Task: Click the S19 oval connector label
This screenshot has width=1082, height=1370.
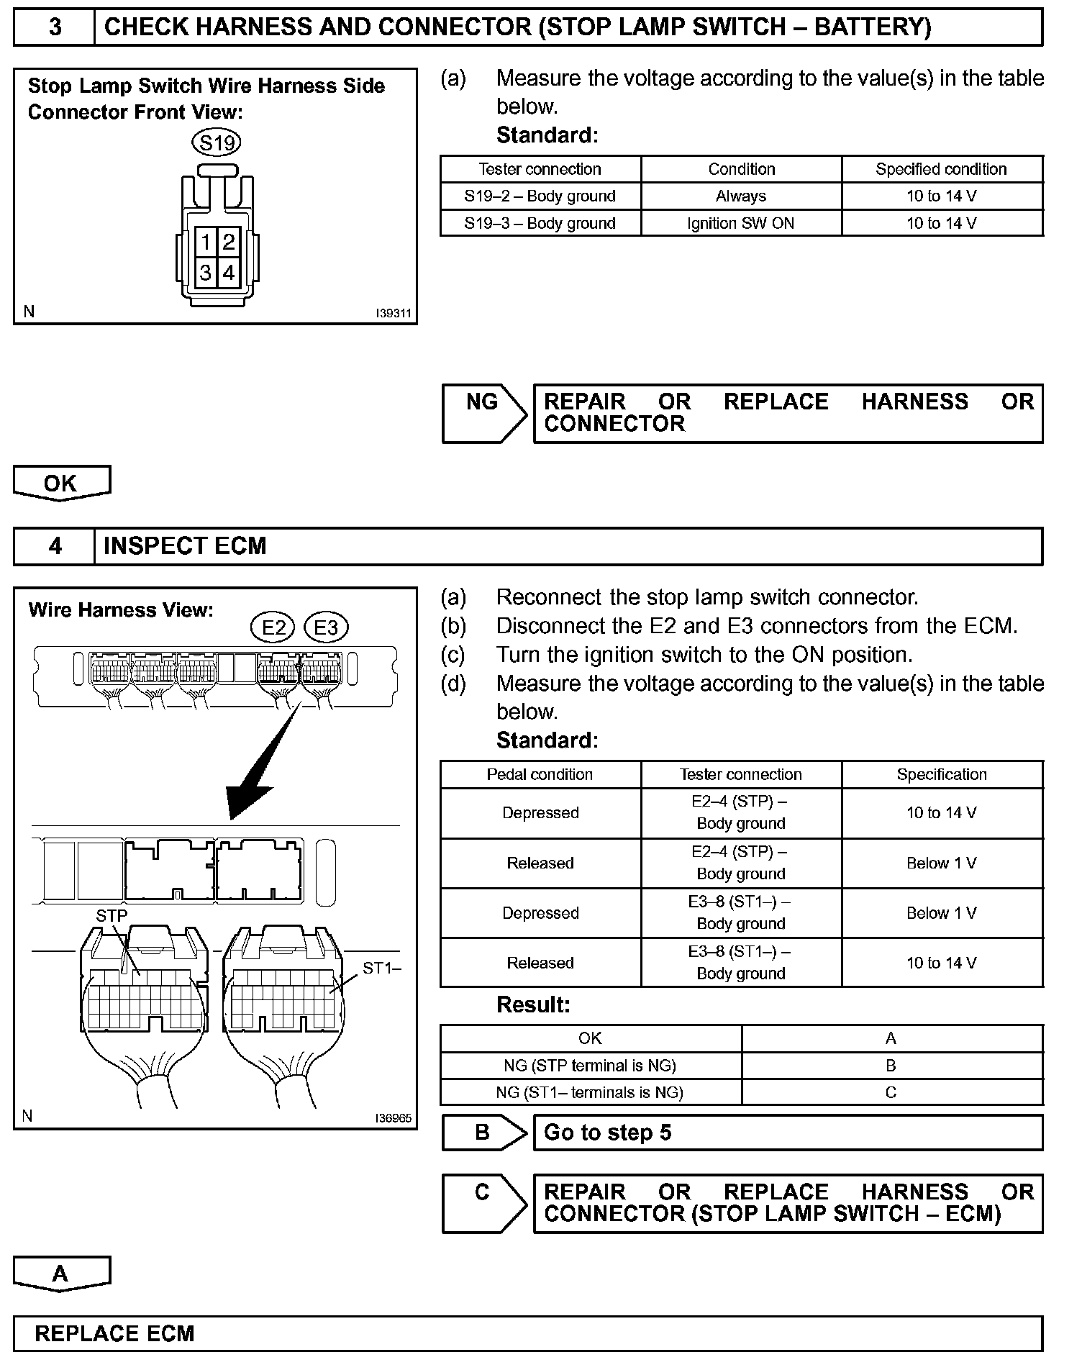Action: click(217, 142)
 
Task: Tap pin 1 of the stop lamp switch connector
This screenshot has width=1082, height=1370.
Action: click(206, 242)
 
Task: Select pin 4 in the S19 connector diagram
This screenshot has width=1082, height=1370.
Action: click(229, 273)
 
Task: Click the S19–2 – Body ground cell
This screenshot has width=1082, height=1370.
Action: click(540, 196)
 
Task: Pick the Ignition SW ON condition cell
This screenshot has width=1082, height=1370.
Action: click(740, 223)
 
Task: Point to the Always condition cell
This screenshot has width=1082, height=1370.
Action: click(740, 196)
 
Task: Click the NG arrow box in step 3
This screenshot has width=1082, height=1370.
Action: click(483, 413)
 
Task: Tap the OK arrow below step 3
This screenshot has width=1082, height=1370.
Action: click(61, 483)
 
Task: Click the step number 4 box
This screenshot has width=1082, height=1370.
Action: click(55, 546)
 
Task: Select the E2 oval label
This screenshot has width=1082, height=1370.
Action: click(273, 627)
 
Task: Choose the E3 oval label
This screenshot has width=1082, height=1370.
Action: click(326, 627)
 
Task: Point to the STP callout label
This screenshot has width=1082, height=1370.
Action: click(112, 916)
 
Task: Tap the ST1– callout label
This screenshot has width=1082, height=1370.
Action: click(381, 968)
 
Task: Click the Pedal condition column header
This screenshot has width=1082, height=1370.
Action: click(540, 775)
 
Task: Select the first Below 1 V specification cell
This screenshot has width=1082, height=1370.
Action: click(942, 863)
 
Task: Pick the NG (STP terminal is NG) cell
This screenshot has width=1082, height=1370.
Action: click(590, 1066)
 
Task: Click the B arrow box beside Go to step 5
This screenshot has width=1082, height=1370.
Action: click(483, 1133)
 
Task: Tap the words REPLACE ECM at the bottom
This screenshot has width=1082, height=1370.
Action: click(114, 1333)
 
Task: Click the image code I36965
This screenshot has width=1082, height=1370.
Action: click(393, 1118)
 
